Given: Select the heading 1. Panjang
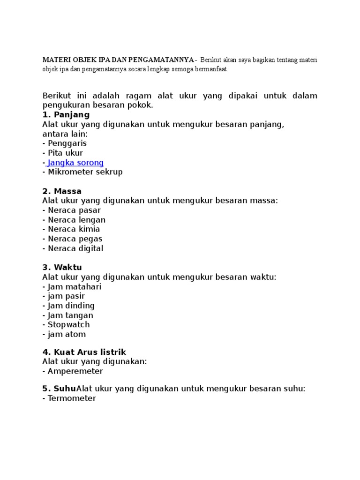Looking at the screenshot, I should [x=66, y=115].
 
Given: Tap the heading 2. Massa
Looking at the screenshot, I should [x=62, y=191].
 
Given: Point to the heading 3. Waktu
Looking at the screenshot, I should [x=62, y=267].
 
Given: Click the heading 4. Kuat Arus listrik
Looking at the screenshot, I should [x=84, y=352].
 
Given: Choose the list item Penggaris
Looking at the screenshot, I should [x=67, y=143].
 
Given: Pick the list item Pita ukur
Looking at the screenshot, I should [x=65, y=153].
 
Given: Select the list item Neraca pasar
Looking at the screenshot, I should [x=74, y=210].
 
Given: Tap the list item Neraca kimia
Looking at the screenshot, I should [x=74, y=229].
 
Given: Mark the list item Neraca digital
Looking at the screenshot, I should [x=75, y=248].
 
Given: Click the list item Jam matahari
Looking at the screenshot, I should [x=74, y=286].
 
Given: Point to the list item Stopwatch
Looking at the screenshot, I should [x=68, y=324].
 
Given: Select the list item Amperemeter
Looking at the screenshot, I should [x=75, y=371].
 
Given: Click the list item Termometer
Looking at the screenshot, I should [x=72, y=398].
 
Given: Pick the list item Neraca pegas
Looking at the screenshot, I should [x=75, y=239].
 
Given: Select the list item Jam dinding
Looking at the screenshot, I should [x=71, y=306].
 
